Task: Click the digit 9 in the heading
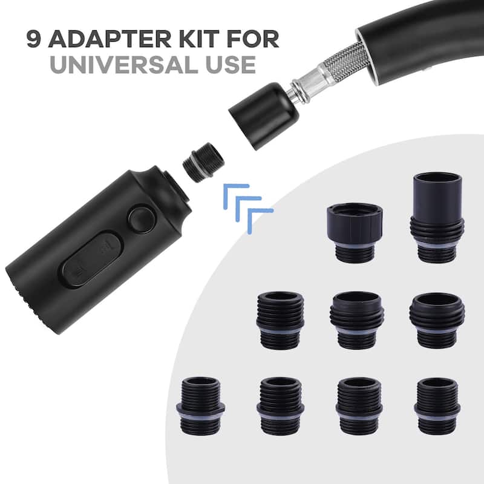coord(34,39)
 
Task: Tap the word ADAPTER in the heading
coord(110,39)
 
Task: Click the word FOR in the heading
coord(253,39)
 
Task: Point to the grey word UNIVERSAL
coord(124,65)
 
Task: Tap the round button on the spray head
coord(142,220)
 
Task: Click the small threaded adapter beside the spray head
coord(203,162)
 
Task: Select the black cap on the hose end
coord(263,116)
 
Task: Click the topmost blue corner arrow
coord(235,195)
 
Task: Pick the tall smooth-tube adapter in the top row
coord(437,218)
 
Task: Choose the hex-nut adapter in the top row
coord(355,232)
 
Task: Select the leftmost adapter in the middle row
coord(280,321)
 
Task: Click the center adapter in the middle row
coord(357,321)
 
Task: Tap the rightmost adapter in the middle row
coord(437,321)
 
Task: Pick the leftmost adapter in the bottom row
coord(201,405)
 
